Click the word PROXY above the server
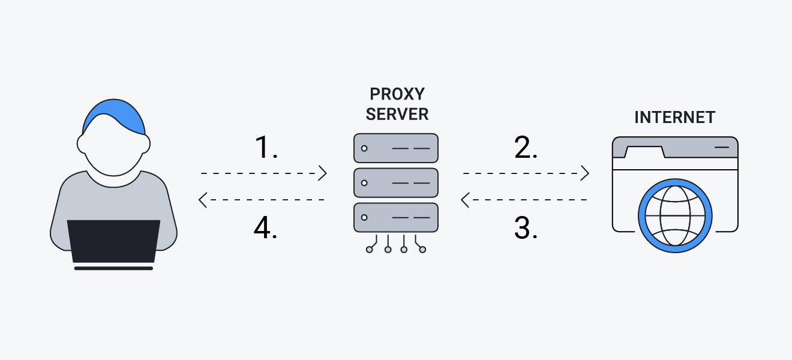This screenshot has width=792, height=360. click(x=397, y=94)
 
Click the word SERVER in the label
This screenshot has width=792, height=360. click(x=397, y=114)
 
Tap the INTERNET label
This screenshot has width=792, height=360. click(x=674, y=117)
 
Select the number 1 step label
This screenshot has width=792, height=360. click(x=266, y=148)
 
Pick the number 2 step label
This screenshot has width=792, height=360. click(x=525, y=148)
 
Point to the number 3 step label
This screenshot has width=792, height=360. click(x=525, y=228)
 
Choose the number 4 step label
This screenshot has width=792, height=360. click(x=266, y=228)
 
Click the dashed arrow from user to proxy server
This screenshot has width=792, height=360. click(x=263, y=173)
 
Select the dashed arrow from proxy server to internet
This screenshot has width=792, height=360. click(x=526, y=173)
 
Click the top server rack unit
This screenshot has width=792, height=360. click(x=396, y=148)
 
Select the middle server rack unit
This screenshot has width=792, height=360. click(x=396, y=183)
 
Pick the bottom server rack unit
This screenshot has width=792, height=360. click(x=396, y=218)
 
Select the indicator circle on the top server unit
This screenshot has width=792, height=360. click(x=364, y=148)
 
